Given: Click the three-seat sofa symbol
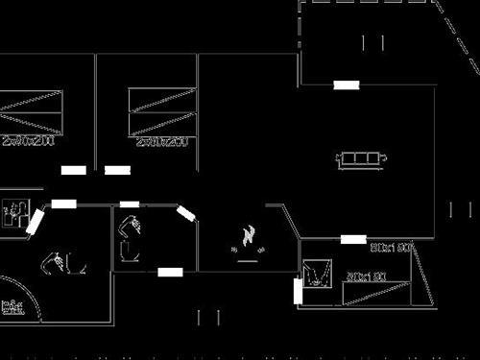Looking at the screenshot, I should click(x=362, y=157).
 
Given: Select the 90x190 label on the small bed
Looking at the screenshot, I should click(x=365, y=276).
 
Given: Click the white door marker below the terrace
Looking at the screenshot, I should click(x=347, y=84).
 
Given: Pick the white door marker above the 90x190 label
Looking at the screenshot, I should click(x=353, y=238).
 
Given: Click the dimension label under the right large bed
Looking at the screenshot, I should click(x=160, y=142).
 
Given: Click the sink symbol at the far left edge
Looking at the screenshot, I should click(x=14, y=210).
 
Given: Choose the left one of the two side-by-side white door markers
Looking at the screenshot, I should click(x=74, y=170).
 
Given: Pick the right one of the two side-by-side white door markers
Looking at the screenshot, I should click(x=117, y=170).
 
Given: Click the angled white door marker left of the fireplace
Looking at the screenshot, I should click(x=185, y=214).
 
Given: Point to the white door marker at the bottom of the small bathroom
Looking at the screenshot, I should click(x=170, y=273).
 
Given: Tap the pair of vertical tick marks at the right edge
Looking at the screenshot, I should click(x=460, y=209).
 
